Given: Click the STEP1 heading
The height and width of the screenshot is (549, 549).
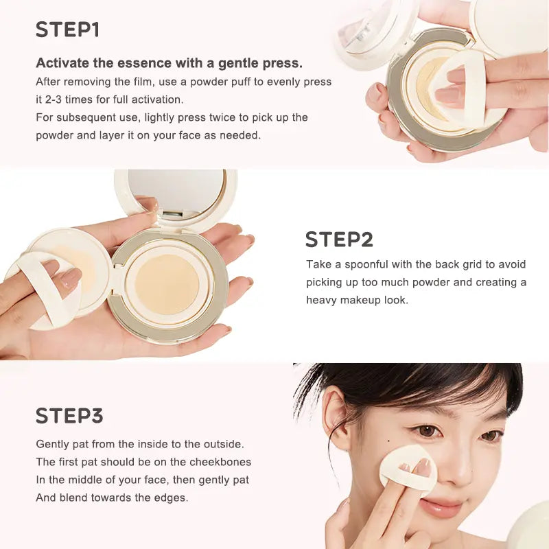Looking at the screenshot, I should coord(67,30).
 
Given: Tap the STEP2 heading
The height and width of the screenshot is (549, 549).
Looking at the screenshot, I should coord(339,240).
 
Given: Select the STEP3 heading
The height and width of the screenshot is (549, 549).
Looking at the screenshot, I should coord(69,416).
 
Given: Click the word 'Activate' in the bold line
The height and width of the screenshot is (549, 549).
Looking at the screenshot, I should coord(64,63).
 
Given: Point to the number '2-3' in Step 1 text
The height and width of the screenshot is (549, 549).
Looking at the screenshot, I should coord(59,100).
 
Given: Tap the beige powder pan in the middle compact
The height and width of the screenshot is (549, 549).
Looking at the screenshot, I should coord(167,283).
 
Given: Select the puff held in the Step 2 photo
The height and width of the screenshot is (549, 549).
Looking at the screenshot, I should coord(45,288).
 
